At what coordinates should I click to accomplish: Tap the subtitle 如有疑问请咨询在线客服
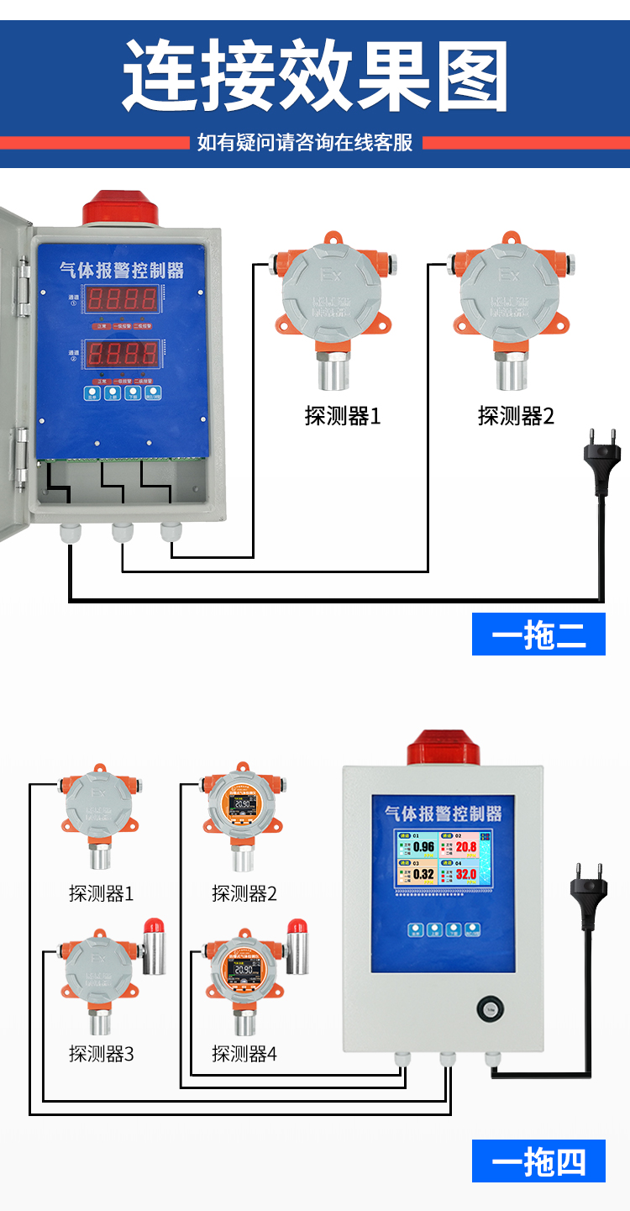point(305,142)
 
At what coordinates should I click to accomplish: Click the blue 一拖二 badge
point(538,634)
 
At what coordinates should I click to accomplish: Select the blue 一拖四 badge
point(538,1161)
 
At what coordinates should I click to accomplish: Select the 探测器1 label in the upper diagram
point(342,416)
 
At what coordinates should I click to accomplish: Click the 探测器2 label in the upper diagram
point(516,416)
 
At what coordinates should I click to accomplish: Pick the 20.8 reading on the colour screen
point(466,847)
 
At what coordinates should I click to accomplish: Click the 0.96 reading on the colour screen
point(424,847)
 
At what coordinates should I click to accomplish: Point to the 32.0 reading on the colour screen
point(466,874)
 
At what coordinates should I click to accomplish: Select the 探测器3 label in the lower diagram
point(101,1053)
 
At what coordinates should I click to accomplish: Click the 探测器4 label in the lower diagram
point(244,1053)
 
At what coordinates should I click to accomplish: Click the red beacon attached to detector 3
point(153,945)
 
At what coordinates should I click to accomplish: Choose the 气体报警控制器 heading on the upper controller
point(121,271)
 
